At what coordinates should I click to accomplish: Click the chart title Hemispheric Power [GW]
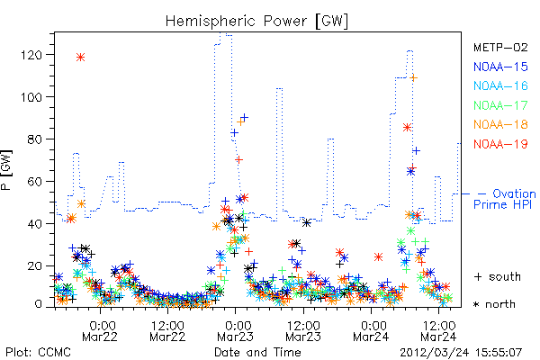pyautogui.click(x=256, y=21)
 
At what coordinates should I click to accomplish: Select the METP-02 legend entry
pyautogui.click(x=500, y=47)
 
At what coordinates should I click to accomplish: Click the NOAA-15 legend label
pyautogui.click(x=500, y=67)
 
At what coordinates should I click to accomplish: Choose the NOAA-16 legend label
pyautogui.click(x=500, y=85)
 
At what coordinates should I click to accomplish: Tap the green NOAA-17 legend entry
pyautogui.click(x=500, y=105)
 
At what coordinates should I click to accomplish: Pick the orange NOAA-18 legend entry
pyautogui.click(x=500, y=124)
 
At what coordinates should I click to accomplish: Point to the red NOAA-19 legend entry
pyautogui.click(x=500, y=144)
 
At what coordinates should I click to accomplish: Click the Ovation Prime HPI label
pyautogui.click(x=505, y=199)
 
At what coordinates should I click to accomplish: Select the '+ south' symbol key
pyautogui.click(x=498, y=276)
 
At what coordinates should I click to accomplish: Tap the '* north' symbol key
pyautogui.click(x=494, y=304)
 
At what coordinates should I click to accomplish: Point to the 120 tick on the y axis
pyautogui.click(x=31, y=55)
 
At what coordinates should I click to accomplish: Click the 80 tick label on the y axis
pyautogui.click(x=35, y=139)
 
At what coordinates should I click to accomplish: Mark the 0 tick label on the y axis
pyautogui.click(x=38, y=304)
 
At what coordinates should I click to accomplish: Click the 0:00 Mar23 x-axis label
pyautogui.click(x=236, y=331)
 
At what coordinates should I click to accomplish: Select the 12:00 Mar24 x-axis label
pyautogui.click(x=439, y=331)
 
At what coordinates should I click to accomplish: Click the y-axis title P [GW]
pyautogui.click(x=6, y=170)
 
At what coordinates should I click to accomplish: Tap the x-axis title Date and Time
pyautogui.click(x=257, y=353)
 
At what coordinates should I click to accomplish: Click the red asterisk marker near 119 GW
pyautogui.click(x=81, y=58)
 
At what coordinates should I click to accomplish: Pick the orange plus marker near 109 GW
pyautogui.click(x=414, y=78)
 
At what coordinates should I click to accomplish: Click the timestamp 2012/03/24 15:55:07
pyautogui.click(x=461, y=353)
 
